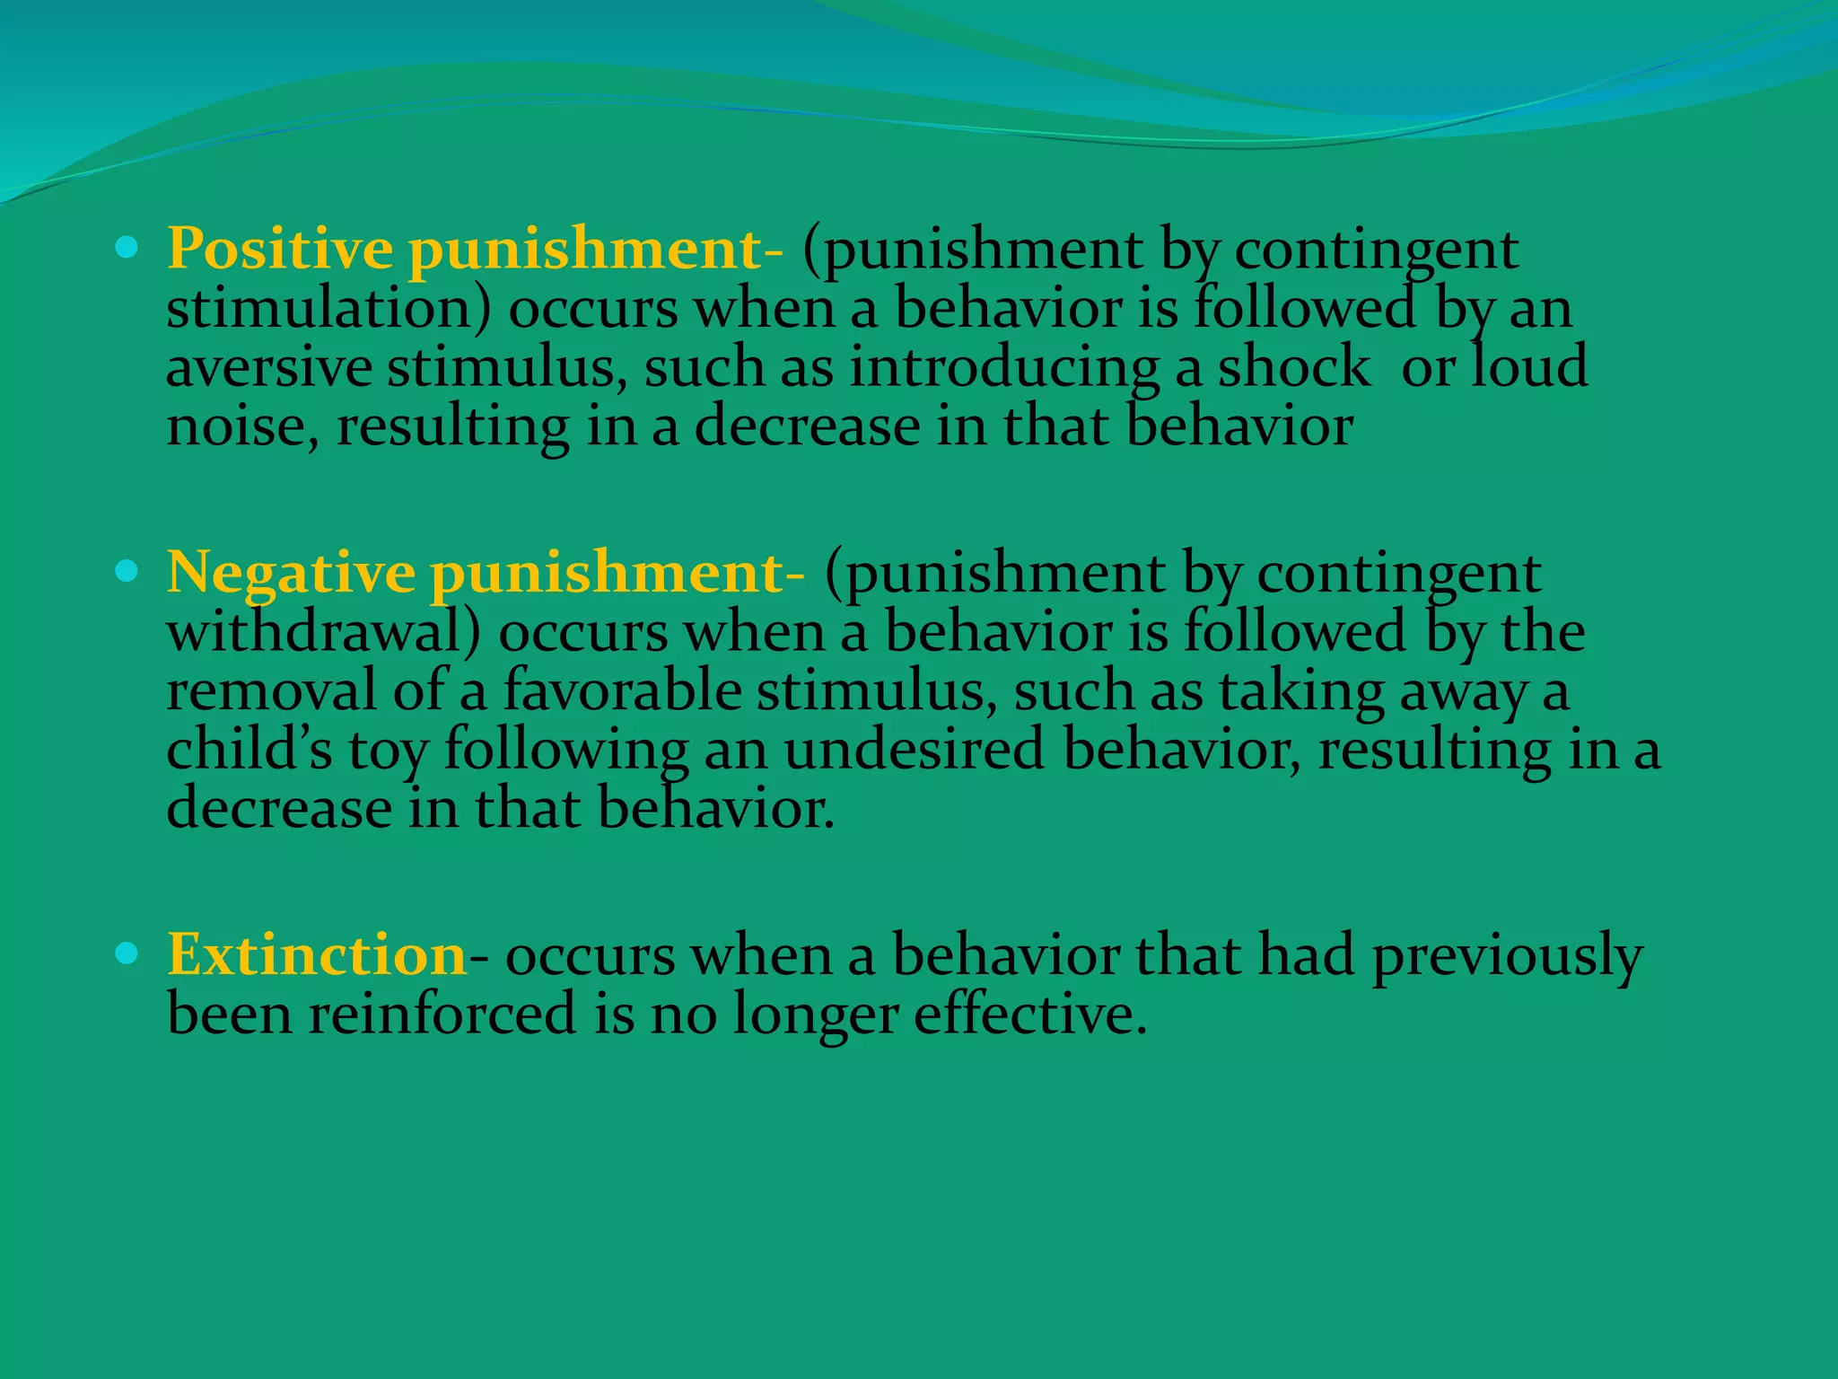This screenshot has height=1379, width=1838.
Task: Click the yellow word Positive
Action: tap(279, 249)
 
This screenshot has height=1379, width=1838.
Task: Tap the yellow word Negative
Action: tap(291, 573)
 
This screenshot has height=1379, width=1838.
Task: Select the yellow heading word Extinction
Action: tap(316, 954)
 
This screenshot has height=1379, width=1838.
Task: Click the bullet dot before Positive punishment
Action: tap(127, 247)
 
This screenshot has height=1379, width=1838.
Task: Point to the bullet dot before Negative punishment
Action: tap(127, 570)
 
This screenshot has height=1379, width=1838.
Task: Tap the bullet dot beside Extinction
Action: tap(127, 953)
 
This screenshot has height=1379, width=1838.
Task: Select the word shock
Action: tap(1293, 367)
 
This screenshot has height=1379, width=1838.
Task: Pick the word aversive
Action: tap(269, 369)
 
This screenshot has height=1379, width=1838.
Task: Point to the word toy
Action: tap(388, 752)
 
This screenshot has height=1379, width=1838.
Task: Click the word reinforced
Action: tap(442, 1014)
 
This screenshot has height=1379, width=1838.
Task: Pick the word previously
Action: tap(1507, 956)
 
